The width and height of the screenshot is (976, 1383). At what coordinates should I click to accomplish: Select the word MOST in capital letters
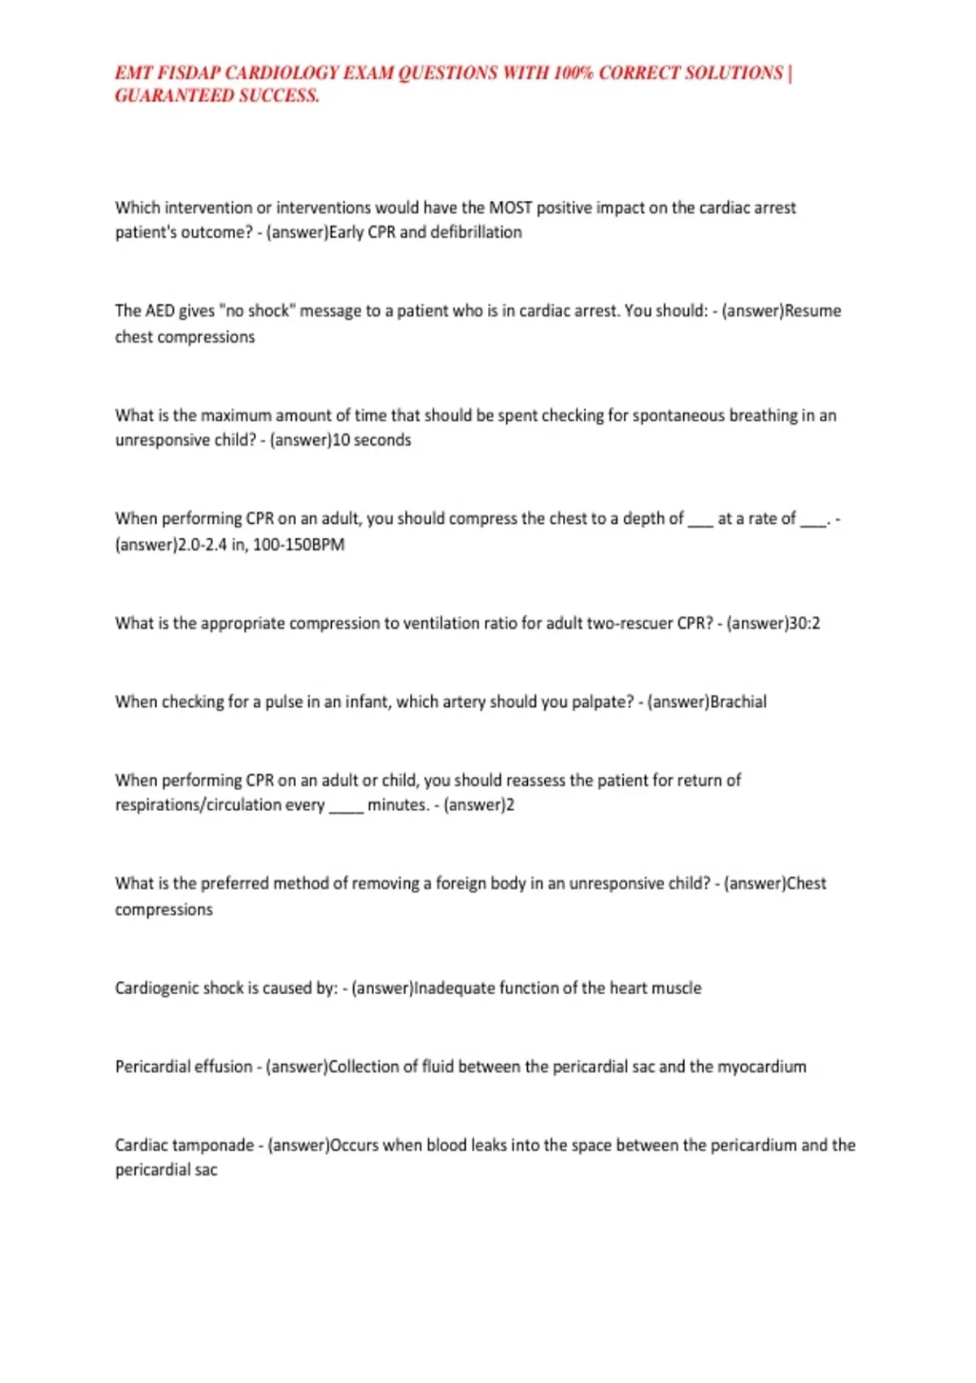(x=510, y=208)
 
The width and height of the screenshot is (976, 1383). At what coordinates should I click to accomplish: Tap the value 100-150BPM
(x=298, y=545)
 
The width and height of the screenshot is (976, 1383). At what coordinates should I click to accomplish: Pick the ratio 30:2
(x=804, y=624)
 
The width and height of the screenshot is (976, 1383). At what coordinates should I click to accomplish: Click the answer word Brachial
(x=739, y=702)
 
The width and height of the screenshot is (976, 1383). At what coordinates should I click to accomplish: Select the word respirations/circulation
(x=220, y=805)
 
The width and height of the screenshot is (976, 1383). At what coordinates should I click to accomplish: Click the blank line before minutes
(x=346, y=808)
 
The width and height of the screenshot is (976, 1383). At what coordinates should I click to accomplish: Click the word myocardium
(x=761, y=1067)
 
